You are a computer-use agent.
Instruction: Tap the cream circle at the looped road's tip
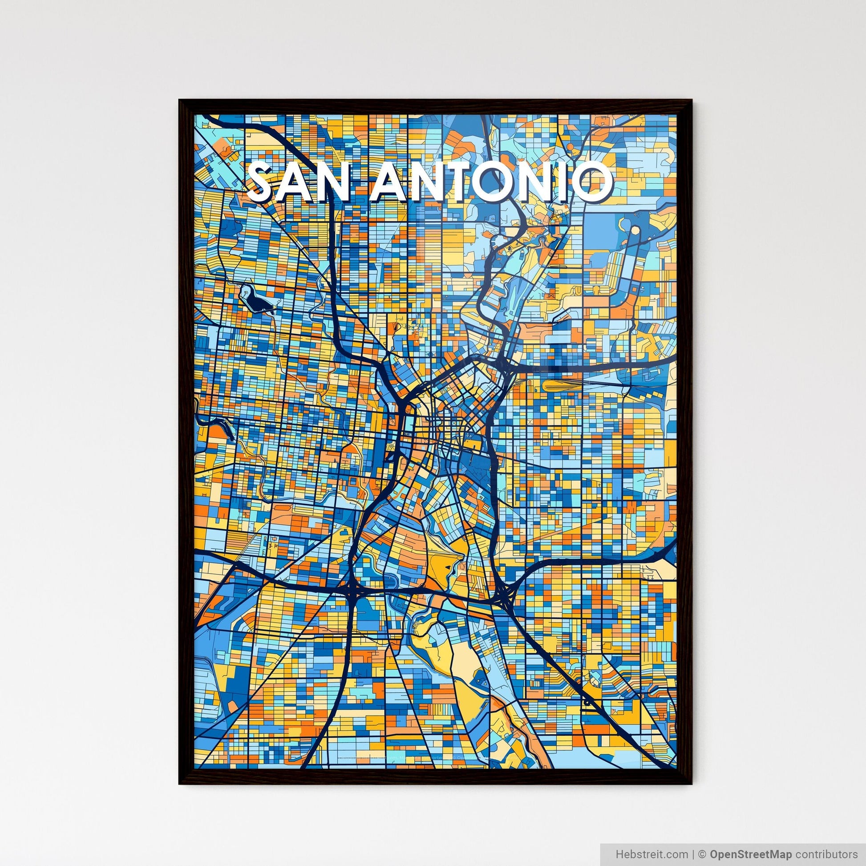click(x=635, y=231)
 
